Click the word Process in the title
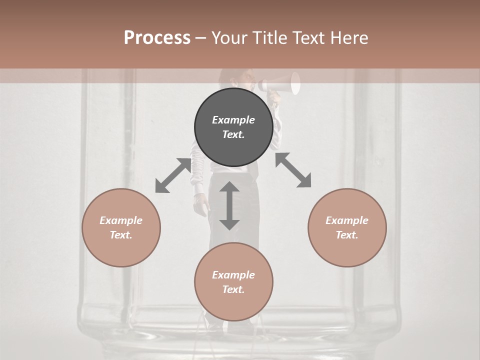157,38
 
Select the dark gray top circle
233,127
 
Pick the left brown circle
121,227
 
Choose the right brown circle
347,227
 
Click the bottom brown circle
233,282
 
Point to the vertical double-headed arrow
229,205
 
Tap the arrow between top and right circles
293,170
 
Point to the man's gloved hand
200,205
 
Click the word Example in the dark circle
233,120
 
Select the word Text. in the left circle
121,235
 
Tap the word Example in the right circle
347,220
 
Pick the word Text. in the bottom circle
233,289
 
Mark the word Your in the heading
230,38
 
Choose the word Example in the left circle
121,220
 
